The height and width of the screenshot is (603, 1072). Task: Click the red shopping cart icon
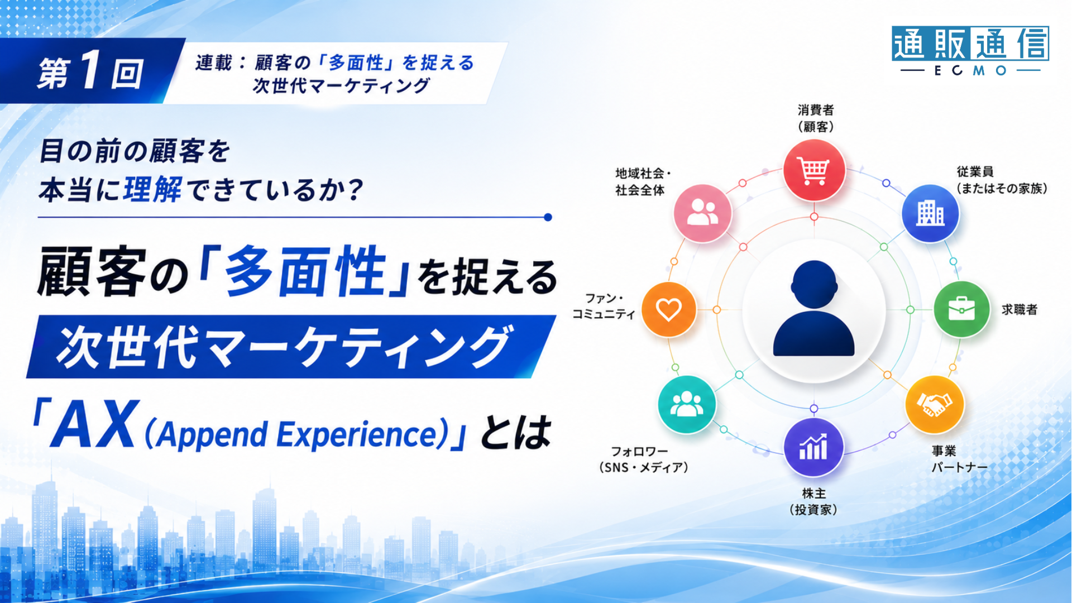click(814, 171)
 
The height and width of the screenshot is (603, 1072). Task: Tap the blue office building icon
click(930, 213)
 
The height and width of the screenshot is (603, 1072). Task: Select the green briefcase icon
click(961, 309)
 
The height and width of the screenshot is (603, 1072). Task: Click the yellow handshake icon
click(934, 405)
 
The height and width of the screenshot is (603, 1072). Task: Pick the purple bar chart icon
click(813, 447)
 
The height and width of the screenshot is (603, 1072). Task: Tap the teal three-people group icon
click(687, 404)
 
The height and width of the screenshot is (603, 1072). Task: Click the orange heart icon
click(668, 309)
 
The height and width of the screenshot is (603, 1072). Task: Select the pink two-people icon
click(702, 213)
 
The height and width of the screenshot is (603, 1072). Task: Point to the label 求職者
click(1020, 309)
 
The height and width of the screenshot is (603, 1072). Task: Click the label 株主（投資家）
click(813, 501)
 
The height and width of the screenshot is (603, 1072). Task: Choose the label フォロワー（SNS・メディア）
click(643, 460)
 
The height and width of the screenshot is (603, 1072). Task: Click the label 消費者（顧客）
click(816, 118)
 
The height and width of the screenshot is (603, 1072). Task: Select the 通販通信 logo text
click(970, 43)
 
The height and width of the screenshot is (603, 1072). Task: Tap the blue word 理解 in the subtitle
click(152, 190)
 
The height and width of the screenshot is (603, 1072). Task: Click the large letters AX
click(93, 424)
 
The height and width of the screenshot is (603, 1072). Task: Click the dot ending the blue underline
click(548, 217)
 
